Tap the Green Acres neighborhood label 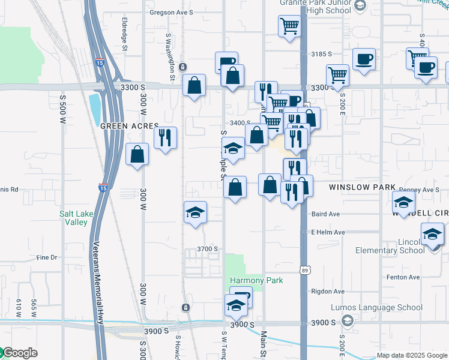point(129,127)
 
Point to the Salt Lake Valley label point(77,217)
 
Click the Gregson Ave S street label point(171,12)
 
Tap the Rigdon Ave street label point(327,292)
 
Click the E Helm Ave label point(327,232)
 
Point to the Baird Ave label point(326,214)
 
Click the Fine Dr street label point(46,257)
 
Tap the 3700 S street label point(206,248)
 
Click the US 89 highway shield point(305,271)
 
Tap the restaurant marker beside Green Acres point(165,137)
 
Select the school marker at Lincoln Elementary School point(432,234)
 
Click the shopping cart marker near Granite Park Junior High point(289,27)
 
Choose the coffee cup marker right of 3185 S point(364,59)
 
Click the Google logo point(19,353)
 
